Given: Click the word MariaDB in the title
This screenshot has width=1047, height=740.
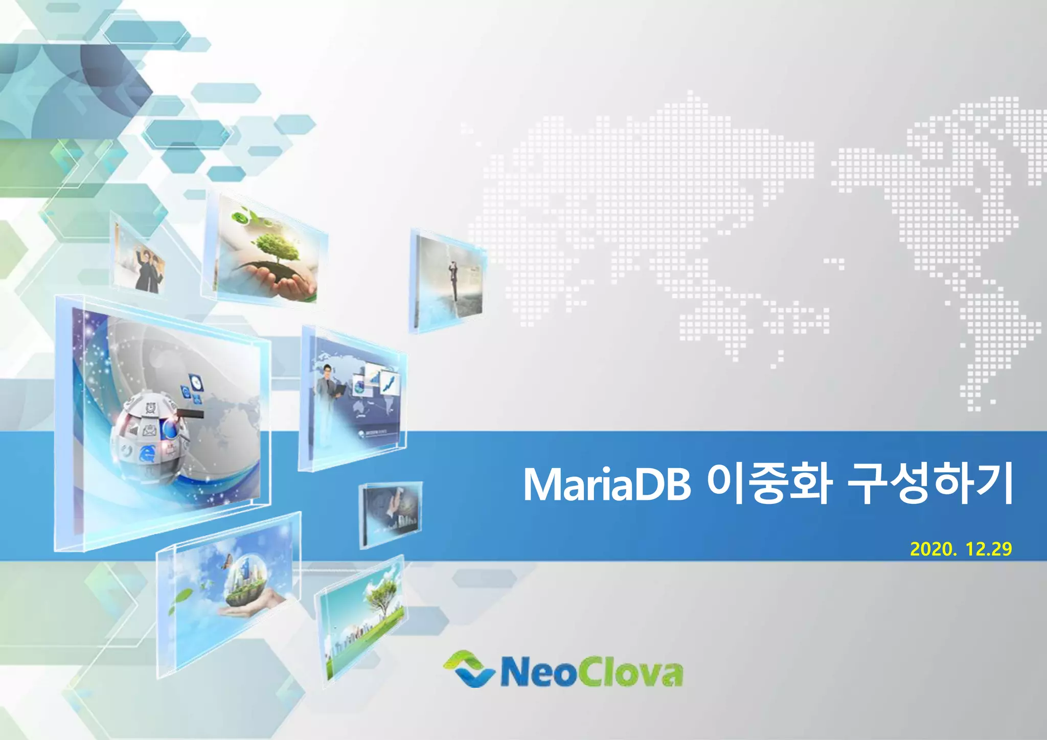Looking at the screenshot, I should [x=607, y=484].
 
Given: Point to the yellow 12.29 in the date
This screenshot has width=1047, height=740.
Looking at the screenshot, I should [x=989, y=549].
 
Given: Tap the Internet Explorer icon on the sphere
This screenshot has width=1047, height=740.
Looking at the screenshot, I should [x=149, y=453].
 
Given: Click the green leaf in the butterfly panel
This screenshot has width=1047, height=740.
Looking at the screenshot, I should [x=184, y=596].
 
